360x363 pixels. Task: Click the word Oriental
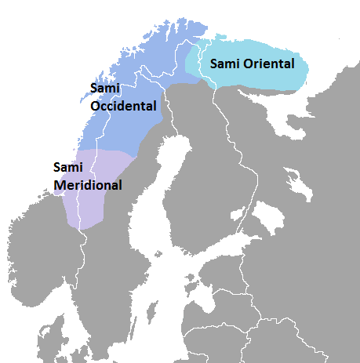pos(267,64)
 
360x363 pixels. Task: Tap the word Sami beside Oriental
pos(224,64)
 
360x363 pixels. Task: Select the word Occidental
pos(124,105)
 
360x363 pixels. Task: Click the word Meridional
pos(88,185)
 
